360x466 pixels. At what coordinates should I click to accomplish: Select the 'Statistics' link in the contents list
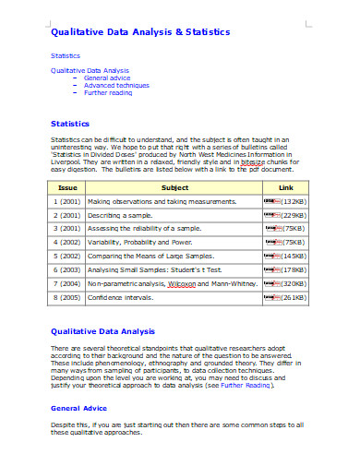pyautogui.click(x=66, y=55)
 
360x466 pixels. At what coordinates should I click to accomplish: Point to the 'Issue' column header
pyautogui.click(x=66, y=186)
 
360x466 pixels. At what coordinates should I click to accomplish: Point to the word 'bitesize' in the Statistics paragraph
pyautogui.click(x=253, y=161)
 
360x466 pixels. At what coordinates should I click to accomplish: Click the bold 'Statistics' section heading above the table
pyautogui.click(x=69, y=123)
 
